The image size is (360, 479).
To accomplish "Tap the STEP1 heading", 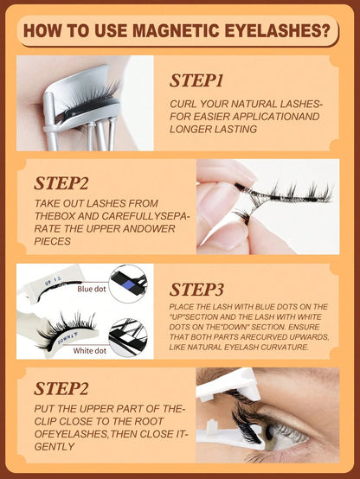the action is point(196,80).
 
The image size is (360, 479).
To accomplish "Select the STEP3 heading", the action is point(196,290).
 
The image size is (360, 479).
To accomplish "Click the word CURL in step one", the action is point(183,104).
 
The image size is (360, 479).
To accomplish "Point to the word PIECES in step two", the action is point(52,241).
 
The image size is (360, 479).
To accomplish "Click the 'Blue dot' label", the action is point(92,289).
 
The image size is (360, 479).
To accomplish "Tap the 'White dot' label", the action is point(90,351).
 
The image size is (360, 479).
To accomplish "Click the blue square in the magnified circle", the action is point(129,285).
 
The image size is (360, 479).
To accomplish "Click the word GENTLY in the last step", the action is point(55,446).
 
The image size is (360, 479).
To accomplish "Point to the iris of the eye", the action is point(268,433).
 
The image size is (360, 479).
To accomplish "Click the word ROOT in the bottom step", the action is point(147,421).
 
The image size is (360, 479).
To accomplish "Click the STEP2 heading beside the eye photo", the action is point(61,388).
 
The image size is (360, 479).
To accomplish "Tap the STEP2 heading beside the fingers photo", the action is point(61,183).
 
